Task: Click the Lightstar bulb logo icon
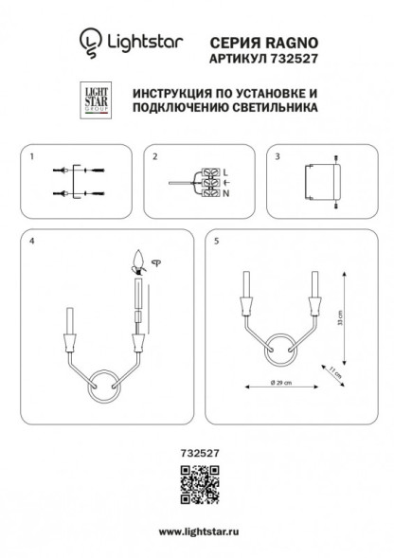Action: coord(88,41)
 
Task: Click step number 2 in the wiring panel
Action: coord(154,154)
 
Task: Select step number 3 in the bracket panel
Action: coord(277,154)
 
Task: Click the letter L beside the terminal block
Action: coord(225,170)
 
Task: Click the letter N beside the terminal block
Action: coord(225,194)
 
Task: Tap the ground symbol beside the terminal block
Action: coord(225,182)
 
